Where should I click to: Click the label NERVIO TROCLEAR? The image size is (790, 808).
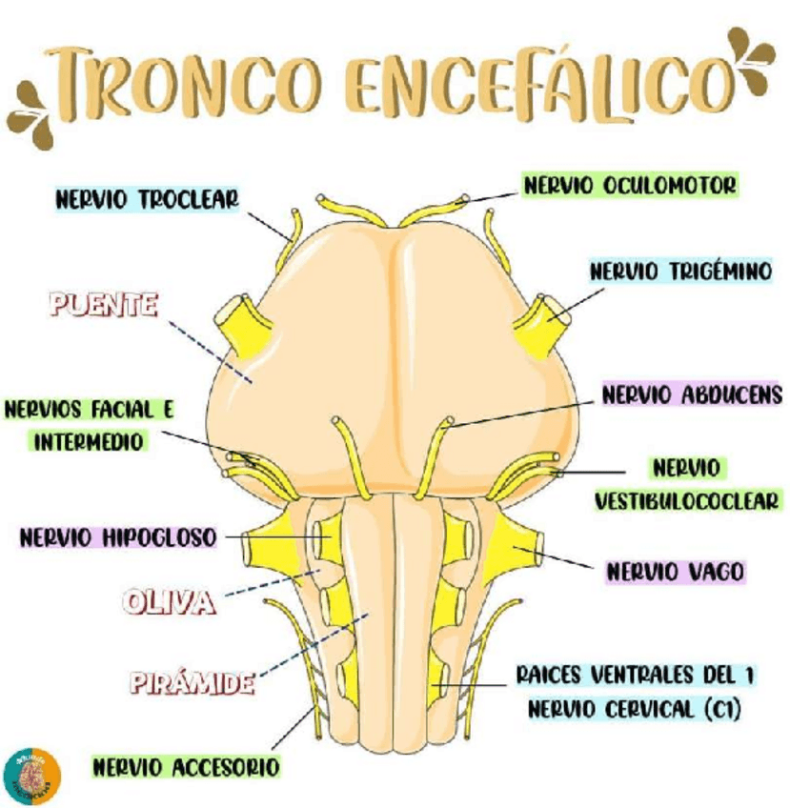(x=146, y=200)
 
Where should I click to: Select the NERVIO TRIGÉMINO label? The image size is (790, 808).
(x=679, y=272)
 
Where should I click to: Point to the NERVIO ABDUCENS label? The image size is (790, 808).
(x=692, y=394)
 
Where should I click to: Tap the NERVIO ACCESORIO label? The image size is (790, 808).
(x=186, y=766)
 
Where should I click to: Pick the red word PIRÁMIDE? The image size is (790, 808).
(x=191, y=682)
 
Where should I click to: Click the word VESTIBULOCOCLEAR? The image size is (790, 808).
(x=686, y=499)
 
